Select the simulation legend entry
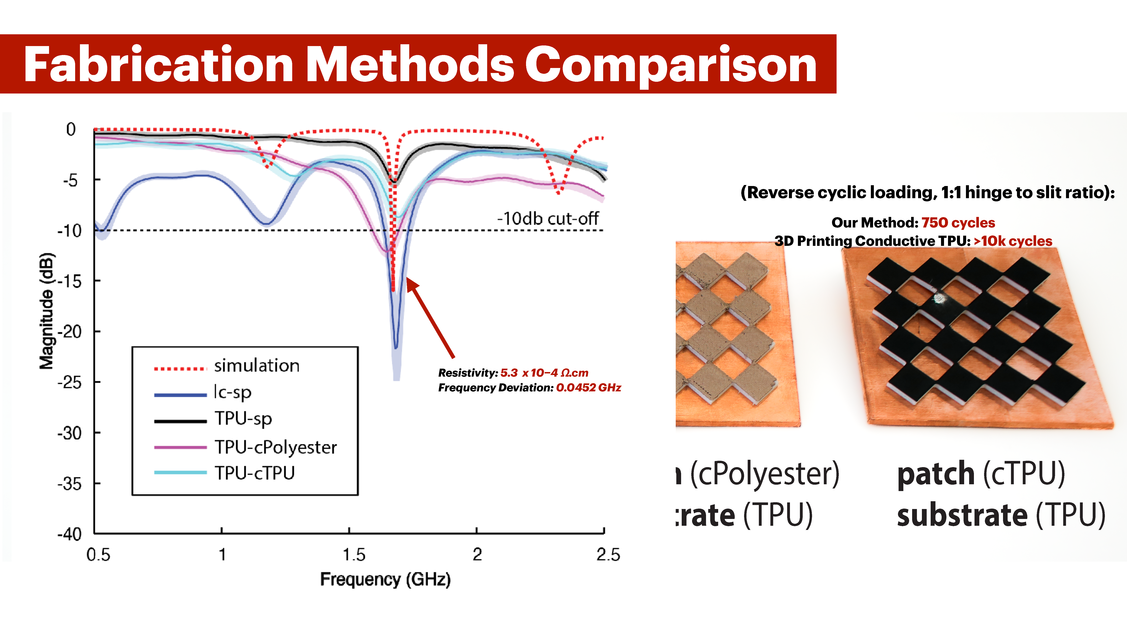point(256,366)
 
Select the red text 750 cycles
point(958,223)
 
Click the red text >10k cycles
point(1013,241)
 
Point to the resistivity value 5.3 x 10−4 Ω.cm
point(544,373)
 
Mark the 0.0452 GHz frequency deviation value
point(588,388)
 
